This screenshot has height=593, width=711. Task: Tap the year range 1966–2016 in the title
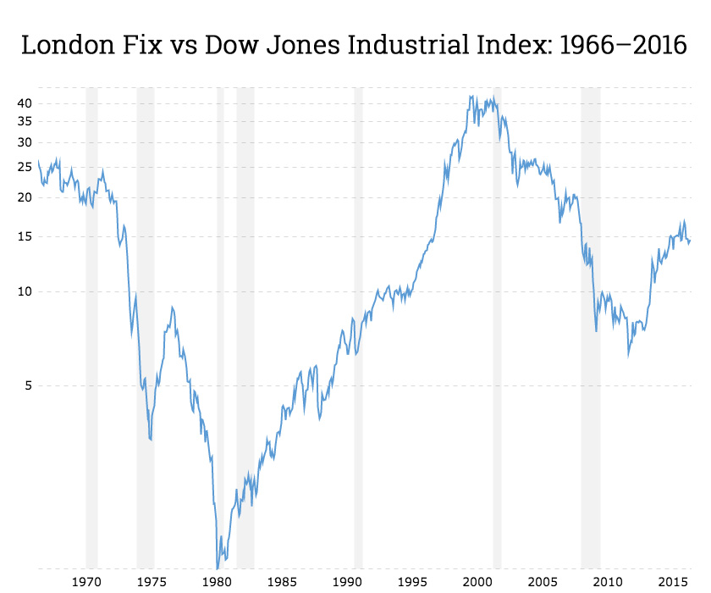pyautogui.click(x=622, y=44)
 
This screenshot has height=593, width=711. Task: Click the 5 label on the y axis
pyautogui.click(x=27, y=385)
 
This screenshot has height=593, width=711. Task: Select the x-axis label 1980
pyautogui.click(x=218, y=582)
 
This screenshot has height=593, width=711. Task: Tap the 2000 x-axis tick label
pyautogui.click(x=478, y=582)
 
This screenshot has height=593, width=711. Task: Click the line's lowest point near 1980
pyautogui.click(x=218, y=568)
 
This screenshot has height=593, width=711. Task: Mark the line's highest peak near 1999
pyautogui.click(x=471, y=96)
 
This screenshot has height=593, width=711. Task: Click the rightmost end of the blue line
pyautogui.click(x=691, y=241)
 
